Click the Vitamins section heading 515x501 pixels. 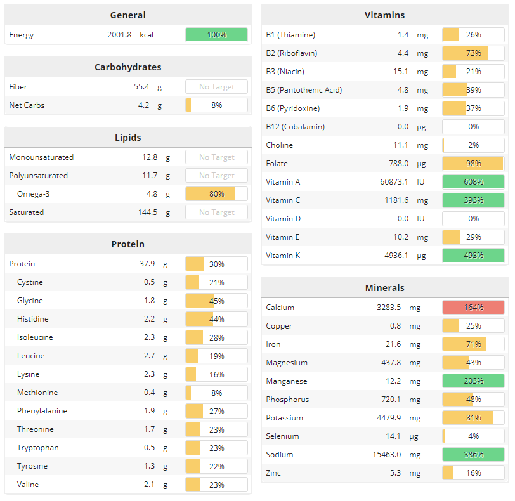[384, 15]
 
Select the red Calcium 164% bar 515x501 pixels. [473, 308]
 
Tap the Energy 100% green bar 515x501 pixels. [216, 35]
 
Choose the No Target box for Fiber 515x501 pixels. [216, 87]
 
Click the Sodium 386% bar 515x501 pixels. [473, 455]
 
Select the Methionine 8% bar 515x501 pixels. [216, 393]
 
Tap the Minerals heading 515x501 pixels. [384, 288]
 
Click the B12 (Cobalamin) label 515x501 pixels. [295, 127]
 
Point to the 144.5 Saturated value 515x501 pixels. [147, 212]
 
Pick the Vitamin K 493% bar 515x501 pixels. [473, 256]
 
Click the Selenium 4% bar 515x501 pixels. [473, 436]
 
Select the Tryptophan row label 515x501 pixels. [38, 448]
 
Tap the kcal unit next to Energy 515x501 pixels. [147, 35]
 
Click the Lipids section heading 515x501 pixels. [127, 137]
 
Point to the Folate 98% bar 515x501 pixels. [473, 164]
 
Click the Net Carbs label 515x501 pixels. [27, 105]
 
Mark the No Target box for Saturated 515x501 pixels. [216, 212]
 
